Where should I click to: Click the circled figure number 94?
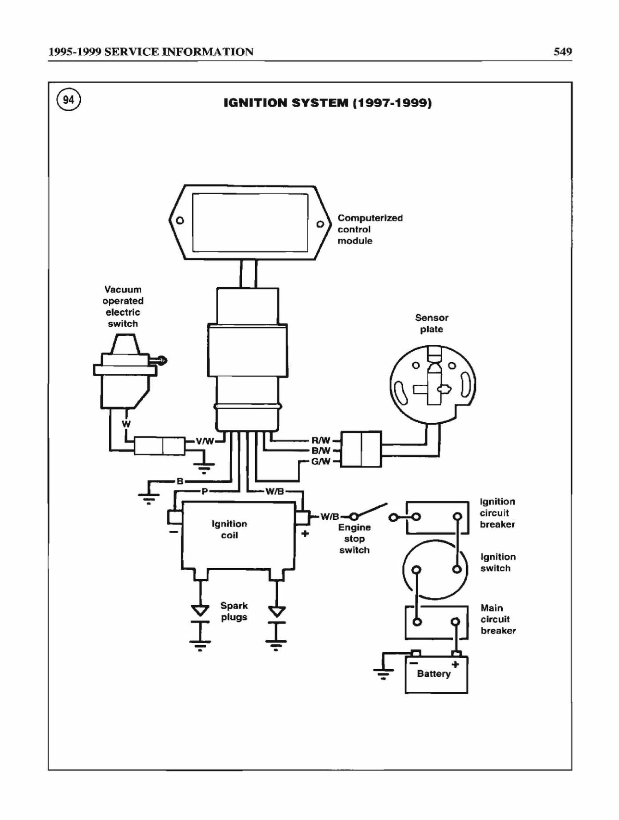69,100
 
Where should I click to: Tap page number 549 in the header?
562,51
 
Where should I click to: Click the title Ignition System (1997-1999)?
328,103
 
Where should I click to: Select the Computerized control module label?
370,229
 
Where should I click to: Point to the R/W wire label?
321,440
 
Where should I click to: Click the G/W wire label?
321,461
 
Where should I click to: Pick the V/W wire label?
205,441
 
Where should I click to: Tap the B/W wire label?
321,451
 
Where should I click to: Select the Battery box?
436,674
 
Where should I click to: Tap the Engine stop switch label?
355,539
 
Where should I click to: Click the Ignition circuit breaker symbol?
437,517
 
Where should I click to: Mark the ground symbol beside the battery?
383,673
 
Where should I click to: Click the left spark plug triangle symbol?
200,611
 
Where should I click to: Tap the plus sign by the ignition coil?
305,533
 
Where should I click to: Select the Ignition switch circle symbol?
435,570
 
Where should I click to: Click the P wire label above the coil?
204,491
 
